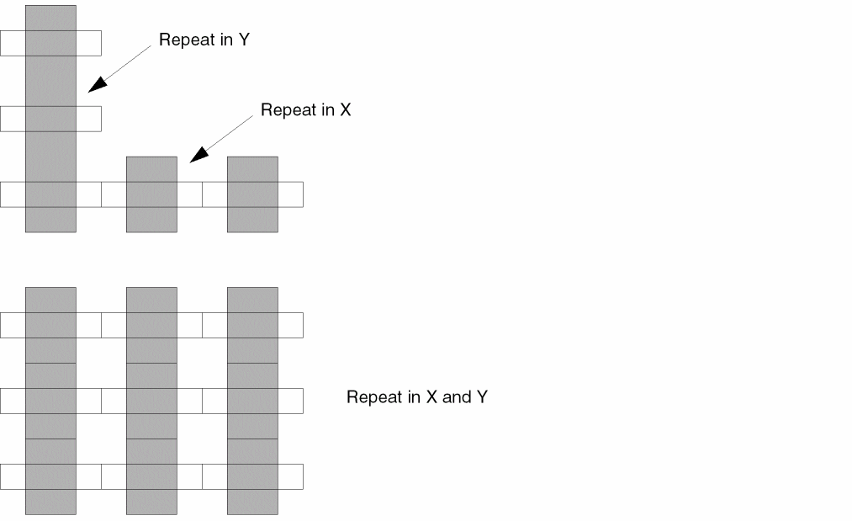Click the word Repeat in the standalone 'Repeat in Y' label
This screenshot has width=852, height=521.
pyautogui.click(x=187, y=40)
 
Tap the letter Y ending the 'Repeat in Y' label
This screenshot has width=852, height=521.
pyautogui.click(x=244, y=40)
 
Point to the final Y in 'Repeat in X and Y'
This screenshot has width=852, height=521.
pyautogui.click(x=482, y=397)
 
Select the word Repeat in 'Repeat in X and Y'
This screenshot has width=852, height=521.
pyautogui.click(x=374, y=397)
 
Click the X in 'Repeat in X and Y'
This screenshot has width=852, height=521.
pyautogui.click(x=431, y=397)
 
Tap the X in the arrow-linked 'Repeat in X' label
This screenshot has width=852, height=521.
pyautogui.click(x=345, y=110)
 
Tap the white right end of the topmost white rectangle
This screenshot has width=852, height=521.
pyautogui.click(x=88, y=43)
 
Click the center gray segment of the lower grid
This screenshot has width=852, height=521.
pyautogui.click(x=151, y=401)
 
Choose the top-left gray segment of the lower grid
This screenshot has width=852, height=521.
pyautogui.click(x=50, y=325)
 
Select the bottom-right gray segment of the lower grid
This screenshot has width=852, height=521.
pyautogui.click(x=252, y=476)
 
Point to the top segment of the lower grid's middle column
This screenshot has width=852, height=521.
pyautogui.click(x=151, y=325)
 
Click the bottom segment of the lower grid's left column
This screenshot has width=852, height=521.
pyautogui.click(x=50, y=476)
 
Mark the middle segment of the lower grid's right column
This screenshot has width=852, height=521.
pyautogui.click(x=252, y=401)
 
